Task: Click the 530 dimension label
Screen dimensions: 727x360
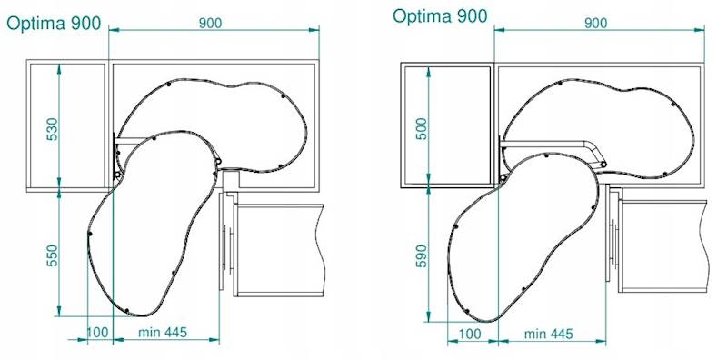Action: [53, 129]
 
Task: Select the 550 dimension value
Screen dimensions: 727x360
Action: [53, 255]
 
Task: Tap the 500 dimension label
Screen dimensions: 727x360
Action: [422, 129]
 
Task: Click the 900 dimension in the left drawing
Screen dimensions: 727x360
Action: [211, 23]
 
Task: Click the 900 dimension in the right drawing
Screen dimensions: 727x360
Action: [595, 23]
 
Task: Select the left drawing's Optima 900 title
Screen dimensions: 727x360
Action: [54, 25]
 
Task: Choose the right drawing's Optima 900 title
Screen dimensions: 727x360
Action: [440, 16]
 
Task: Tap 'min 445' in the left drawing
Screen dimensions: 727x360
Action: [163, 332]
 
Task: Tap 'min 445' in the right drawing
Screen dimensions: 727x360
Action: [549, 334]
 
